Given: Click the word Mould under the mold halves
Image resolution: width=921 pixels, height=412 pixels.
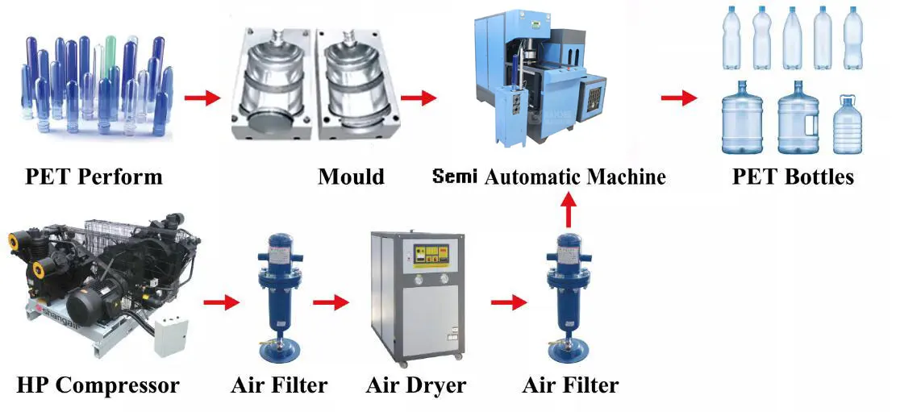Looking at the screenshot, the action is point(351,176).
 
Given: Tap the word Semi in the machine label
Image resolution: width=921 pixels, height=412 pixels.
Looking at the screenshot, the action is point(456,176).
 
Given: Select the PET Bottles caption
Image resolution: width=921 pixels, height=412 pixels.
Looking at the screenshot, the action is point(793,176).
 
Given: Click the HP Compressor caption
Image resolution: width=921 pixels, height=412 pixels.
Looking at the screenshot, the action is point(98,385).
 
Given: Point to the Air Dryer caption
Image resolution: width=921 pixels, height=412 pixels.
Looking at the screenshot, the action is point(415,385).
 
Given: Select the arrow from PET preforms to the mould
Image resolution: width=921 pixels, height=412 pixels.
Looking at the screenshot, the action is point(202,98).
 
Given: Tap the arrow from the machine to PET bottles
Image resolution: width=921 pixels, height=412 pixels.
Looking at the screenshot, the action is point(678,98).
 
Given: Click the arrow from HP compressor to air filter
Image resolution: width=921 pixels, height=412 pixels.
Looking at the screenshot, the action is point(221,303).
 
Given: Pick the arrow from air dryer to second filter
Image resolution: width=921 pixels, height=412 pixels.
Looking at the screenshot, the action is point(508,303).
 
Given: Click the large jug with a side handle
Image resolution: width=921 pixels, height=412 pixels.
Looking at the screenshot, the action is point(798,121).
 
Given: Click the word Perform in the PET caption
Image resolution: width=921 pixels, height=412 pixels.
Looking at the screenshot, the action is point(122,176).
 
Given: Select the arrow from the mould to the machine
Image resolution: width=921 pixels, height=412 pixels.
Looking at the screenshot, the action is point(418,98).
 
